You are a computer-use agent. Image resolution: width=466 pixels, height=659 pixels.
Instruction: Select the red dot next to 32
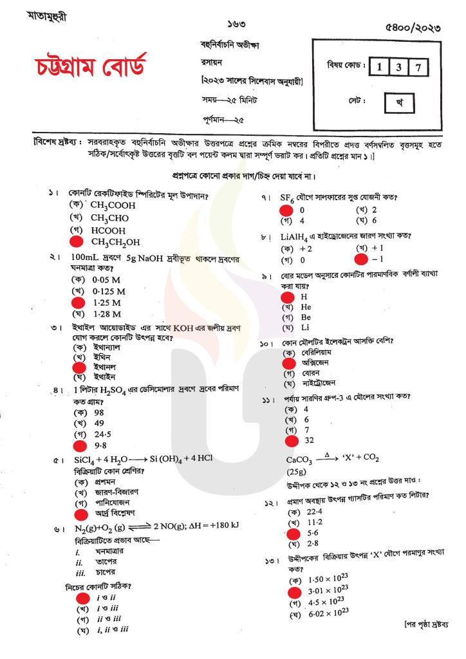[x=292, y=441]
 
